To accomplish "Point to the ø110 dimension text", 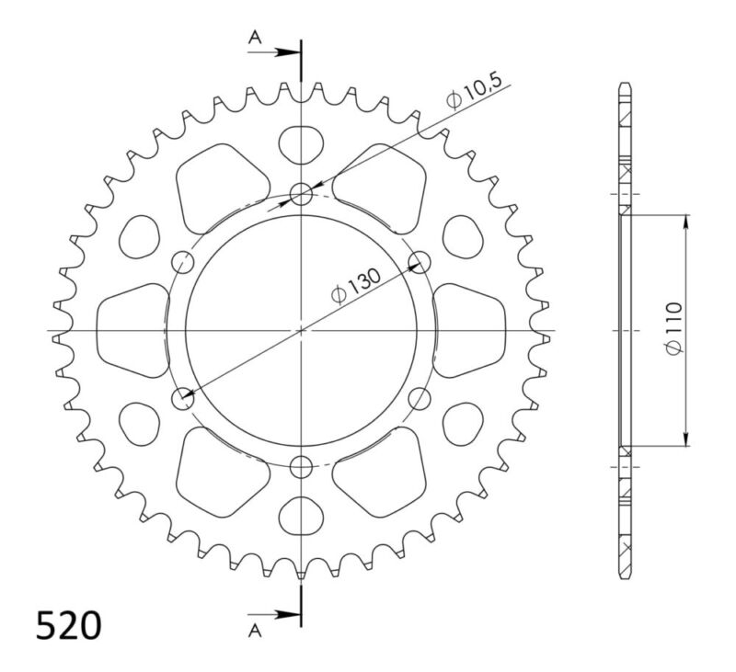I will click(x=673, y=329).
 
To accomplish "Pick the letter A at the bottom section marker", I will click(x=255, y=630).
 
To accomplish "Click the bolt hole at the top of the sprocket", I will click(x=301, y=192).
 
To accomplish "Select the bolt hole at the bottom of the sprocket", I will click(x=301, y=467).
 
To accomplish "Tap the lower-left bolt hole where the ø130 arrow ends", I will click(x=183, y=399).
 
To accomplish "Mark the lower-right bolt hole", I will click(x=420, y=399).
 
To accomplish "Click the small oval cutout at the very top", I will click(x=301, y=142).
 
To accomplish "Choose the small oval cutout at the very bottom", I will click(x=301, y=516).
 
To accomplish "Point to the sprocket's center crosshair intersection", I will click(x=301, y=329).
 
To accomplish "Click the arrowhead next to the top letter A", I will click(x=292, y=52).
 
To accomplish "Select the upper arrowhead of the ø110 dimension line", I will click(x=686, y=221).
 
